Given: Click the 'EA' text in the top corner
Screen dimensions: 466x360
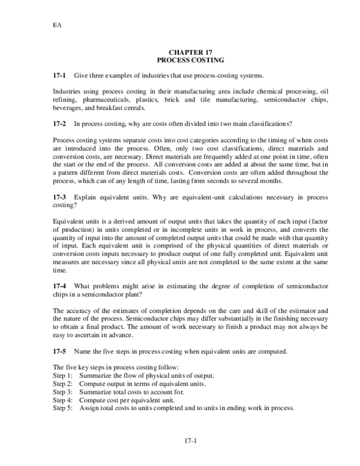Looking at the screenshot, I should (58, 26).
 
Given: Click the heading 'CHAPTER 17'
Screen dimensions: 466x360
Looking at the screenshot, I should (190, 53).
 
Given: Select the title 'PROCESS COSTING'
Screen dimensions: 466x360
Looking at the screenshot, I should (190, 61).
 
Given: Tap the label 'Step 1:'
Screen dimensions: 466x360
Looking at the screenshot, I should (62, 375).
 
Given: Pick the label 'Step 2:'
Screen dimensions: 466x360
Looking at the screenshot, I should (62, 383).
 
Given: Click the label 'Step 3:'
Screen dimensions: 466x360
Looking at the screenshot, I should (62, 392).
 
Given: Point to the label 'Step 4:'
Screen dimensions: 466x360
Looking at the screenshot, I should (62, 399).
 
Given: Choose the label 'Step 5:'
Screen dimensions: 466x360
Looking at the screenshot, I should (62, 408).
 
